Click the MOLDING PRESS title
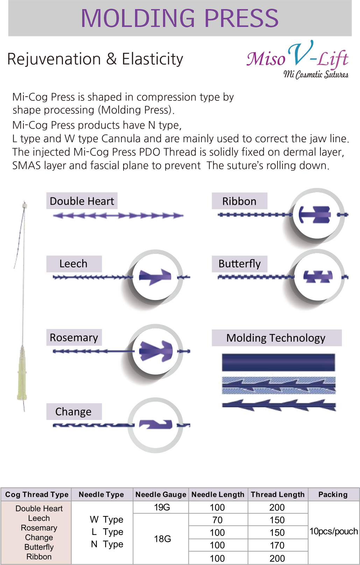click(x=179, y=18)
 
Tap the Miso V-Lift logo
click(x=298, y=60)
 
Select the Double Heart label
click(x=82, y=201)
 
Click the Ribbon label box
click(x=239, y=201)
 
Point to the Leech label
click(x=74, y=264)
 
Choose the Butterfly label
click(x=239, y=264)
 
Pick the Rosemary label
click(x=74, y=337)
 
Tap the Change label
click(x=74, y=411)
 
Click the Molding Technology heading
click(x=276, y=338)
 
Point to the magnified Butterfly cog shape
click(x=318, y=277)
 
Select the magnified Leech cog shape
click(x=155, y=277)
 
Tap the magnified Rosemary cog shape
click(x=156, y=351)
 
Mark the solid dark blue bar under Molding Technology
click(x=278, y=362)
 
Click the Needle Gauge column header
click(x=161, y=494)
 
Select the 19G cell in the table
click(x=162, y=507)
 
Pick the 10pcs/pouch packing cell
click(x=334, y=531)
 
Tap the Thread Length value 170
click(x=277, y=545)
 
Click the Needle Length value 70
click(x=217, y=520)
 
